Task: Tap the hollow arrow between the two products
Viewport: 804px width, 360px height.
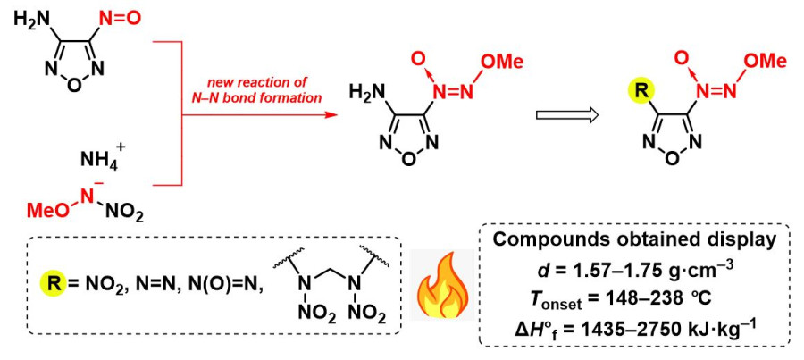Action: point(562,115)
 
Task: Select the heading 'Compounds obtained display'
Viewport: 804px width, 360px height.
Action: point(636,242)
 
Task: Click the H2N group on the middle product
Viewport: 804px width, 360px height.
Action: point(368,91)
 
